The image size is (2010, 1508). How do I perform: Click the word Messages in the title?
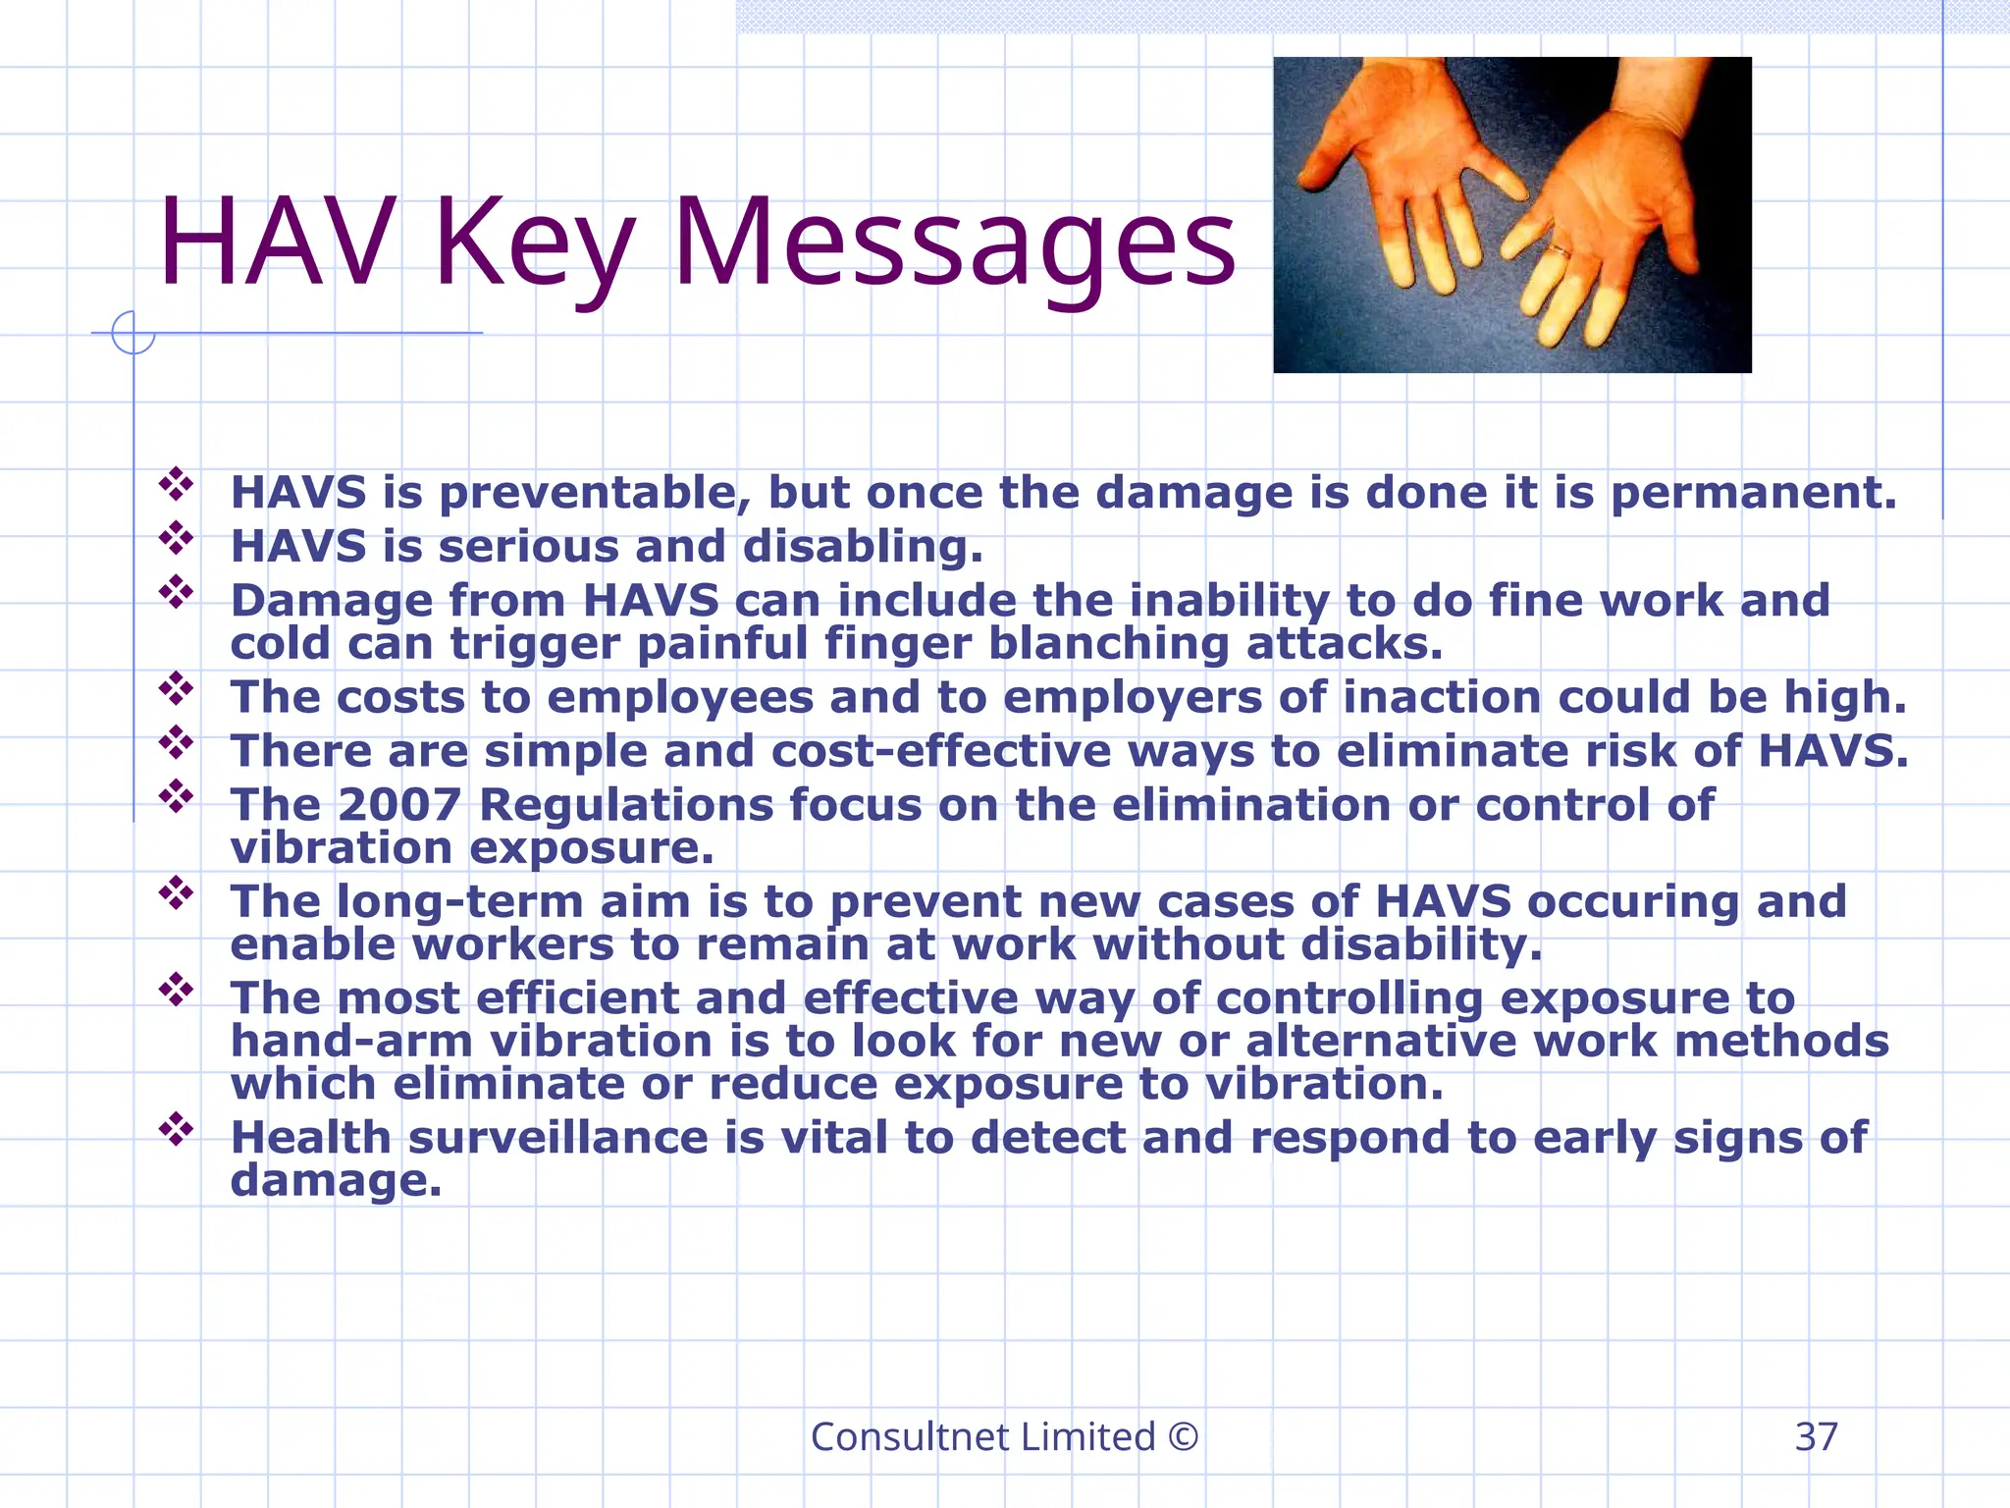pos(954,243)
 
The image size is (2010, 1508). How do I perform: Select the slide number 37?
pos(1816,1437)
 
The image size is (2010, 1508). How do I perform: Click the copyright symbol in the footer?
pos(1184,1437)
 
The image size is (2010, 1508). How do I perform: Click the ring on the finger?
pos(1558,252)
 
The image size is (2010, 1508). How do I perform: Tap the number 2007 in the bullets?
pos(398,805)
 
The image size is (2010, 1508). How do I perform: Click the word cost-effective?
pos(941,751)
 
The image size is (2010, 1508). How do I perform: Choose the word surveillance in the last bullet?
pos(557,1138)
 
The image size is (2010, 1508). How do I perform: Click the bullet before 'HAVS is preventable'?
pos(177,484)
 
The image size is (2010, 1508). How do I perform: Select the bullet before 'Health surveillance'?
pos(177,1129)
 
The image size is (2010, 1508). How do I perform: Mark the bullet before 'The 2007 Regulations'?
pos(177,796)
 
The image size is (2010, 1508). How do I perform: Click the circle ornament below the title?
pos(133,333)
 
